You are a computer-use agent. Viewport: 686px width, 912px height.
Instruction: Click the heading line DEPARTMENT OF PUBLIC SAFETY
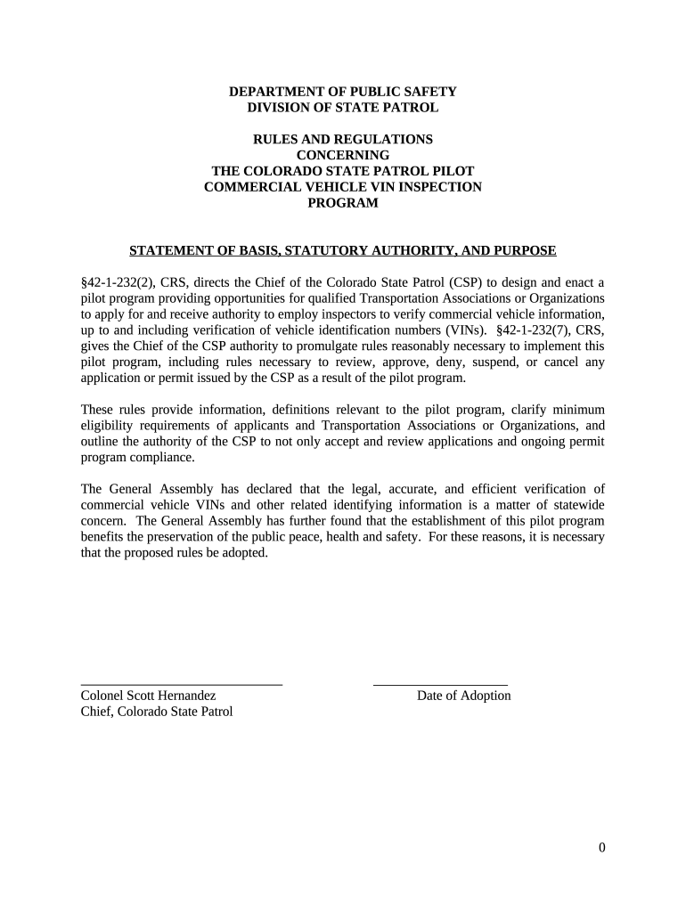click(x=343, y=92)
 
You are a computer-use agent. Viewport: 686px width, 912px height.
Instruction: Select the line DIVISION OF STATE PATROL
click(x=343, y=108)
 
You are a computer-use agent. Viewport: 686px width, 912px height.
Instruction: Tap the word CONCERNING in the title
click(x=343, y=155)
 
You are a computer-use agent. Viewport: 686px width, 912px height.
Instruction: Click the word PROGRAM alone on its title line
click(x=343, y=203)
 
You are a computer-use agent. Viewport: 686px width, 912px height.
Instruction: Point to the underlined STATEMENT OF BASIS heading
click(x=343, y=251)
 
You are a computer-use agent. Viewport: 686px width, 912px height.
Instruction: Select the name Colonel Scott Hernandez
click(x=149, y=696)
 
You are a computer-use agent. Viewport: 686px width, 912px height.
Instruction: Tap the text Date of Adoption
click(x=463, y=696)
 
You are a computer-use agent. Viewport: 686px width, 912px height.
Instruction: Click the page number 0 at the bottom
click(x=602, y=848)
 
